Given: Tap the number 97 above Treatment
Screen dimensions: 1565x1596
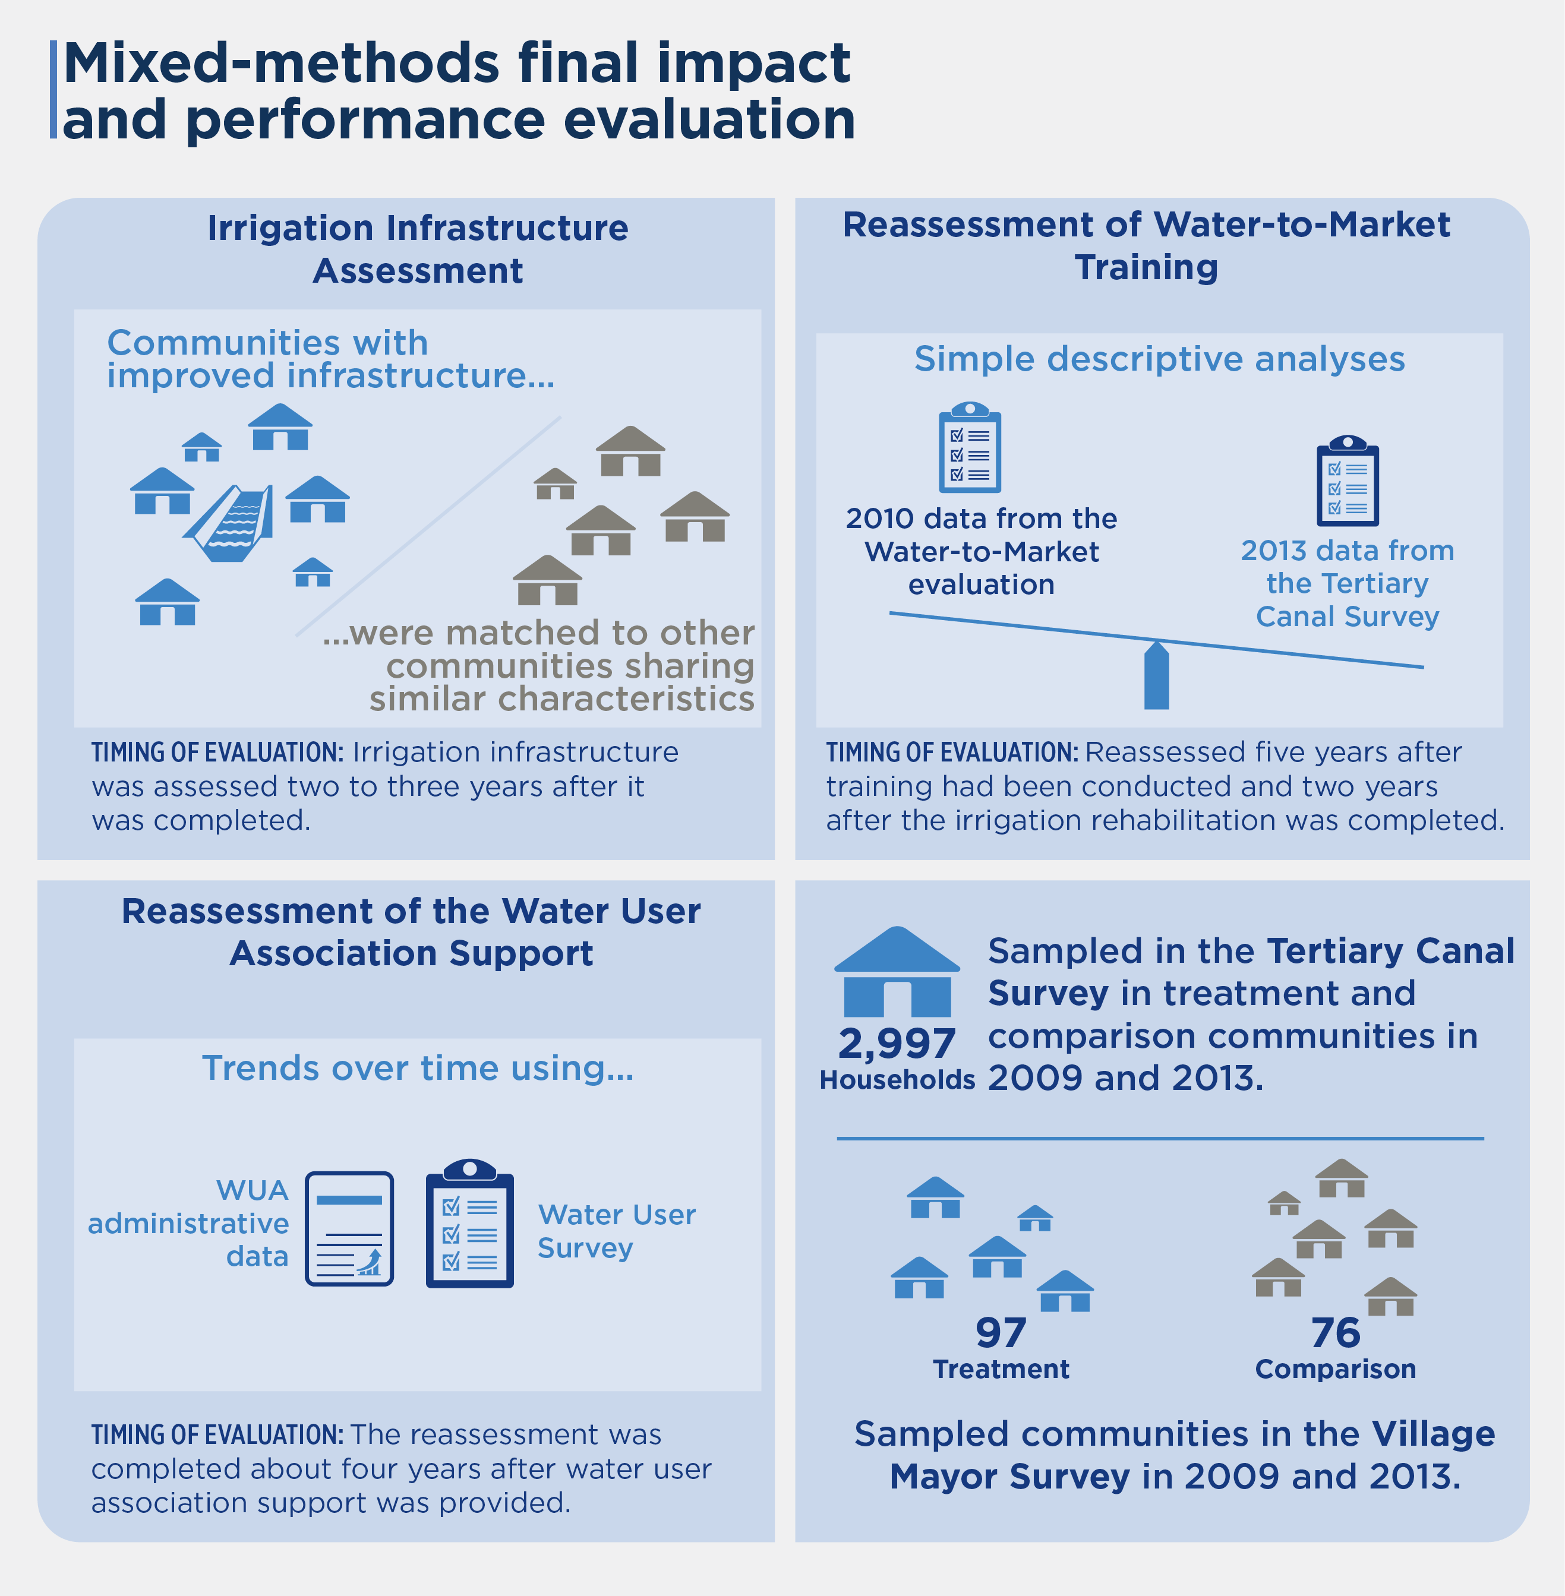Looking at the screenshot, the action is point(1001,1333).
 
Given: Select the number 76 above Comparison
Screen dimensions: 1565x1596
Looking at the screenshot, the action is point(1336,1333).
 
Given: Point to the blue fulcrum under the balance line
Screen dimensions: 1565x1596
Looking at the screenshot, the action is point(1156,675).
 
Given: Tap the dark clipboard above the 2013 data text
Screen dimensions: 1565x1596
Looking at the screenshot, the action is point(1348,481).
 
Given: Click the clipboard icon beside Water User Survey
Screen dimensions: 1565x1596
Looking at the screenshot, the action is point(469,1223).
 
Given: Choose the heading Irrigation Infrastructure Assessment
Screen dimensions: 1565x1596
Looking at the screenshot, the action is point(418,249).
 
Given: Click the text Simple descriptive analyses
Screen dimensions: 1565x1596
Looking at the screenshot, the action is point(1160,359).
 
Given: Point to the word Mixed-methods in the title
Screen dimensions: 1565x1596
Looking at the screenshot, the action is point(281,64).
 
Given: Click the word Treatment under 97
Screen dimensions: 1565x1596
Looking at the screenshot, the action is point(1001,1369).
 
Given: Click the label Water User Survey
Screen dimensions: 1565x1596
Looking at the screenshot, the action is point(617,1231).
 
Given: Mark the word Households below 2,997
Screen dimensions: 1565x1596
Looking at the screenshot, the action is point(897,1080).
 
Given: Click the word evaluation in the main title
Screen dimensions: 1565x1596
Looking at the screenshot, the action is point(709,120).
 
